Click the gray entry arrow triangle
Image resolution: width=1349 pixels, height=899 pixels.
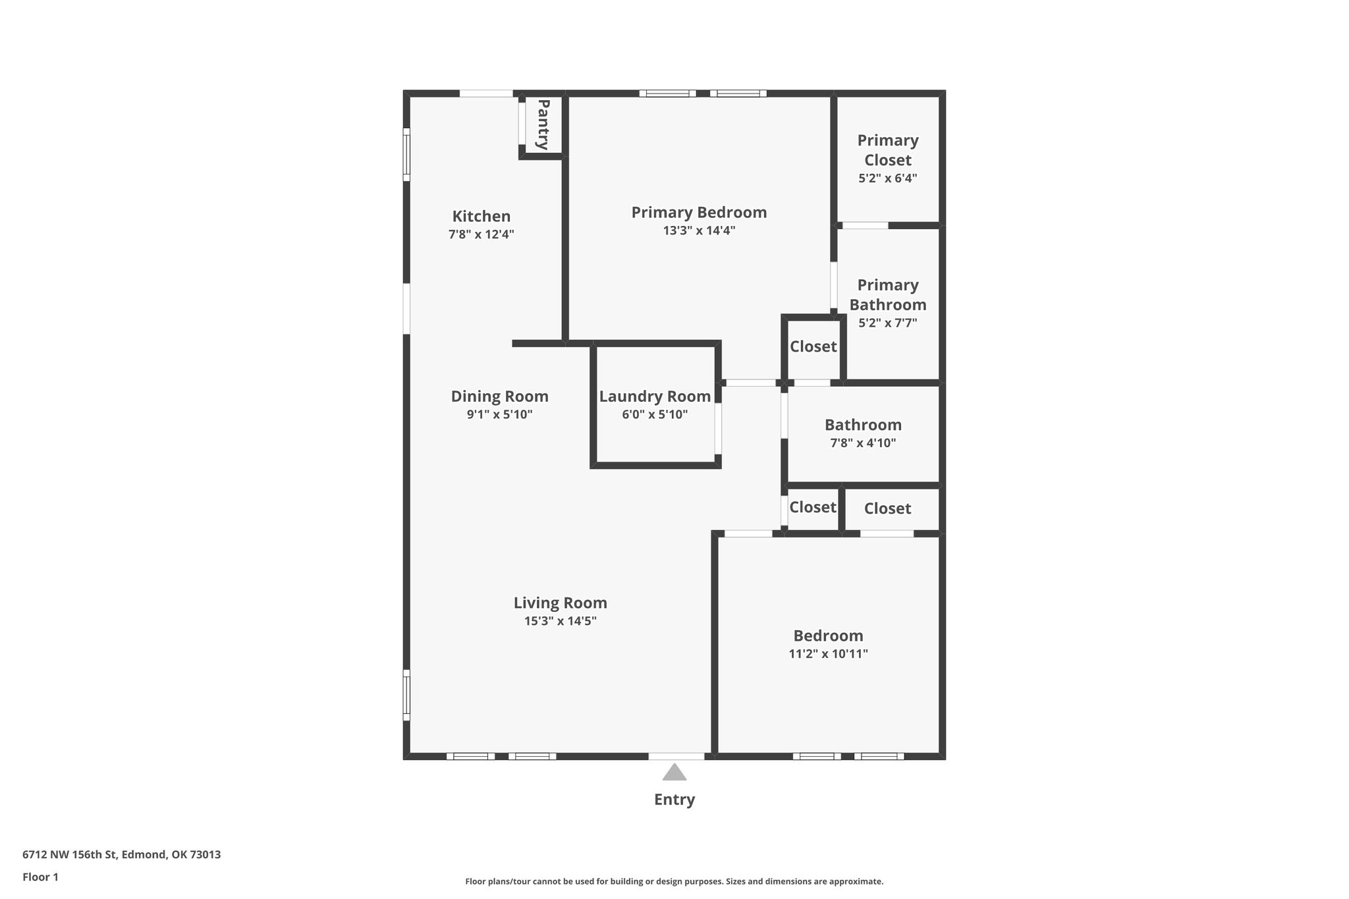coord(674,772)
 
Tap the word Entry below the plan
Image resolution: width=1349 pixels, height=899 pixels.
coord(674,800)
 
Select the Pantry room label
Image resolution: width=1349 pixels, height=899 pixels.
coord(543,124)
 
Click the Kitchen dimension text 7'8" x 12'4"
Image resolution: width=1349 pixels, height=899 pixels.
coord(482,234)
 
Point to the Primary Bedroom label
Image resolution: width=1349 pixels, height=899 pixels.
coord(699,213)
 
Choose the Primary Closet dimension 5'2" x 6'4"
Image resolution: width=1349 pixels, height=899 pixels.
coord(888,178)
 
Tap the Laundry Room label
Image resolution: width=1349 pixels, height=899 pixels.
coord(655,396)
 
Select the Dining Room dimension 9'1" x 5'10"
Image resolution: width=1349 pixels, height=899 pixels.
coord(500,415)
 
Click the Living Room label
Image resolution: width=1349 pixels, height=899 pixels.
coord(561,603)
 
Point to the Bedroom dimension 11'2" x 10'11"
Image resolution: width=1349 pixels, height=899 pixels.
coord(829,654)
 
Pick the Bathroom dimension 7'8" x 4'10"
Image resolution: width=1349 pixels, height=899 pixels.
coord(864,443)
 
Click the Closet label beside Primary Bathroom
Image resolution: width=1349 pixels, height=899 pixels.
coord(813,346)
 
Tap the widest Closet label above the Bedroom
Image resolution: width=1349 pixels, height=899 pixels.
coord(888,508)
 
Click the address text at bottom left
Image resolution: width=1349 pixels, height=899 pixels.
coord(122,855)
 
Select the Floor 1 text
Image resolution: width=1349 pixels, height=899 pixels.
coord(41,877)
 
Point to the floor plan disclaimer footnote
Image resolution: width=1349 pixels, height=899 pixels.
coord(674,881)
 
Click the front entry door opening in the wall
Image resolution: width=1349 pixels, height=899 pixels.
coord(676,756)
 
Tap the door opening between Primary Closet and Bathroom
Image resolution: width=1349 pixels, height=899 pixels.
coord(866,225)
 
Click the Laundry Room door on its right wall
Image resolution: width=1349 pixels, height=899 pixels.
coord(719,428)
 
